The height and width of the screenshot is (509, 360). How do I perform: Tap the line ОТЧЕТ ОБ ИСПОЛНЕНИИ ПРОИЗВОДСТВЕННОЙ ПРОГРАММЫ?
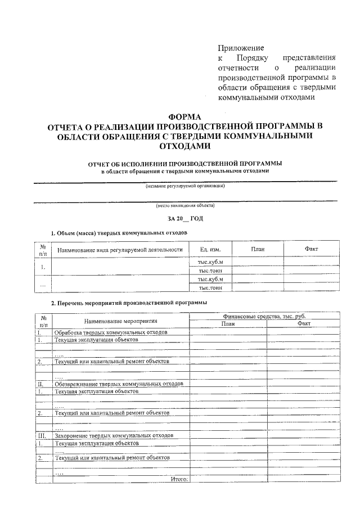point(185,163)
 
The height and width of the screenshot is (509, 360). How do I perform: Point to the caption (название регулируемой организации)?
point(185,186)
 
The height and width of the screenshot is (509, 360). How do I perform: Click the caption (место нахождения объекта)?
point(185,206)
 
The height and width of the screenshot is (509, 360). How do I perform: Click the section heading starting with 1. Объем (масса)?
point(119,232)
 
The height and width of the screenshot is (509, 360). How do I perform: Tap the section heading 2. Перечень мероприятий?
point(129,303)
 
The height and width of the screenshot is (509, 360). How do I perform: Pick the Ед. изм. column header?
point(210,249)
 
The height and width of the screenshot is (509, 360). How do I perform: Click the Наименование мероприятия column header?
point(120,321)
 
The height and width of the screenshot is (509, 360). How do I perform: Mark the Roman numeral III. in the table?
point(41,435)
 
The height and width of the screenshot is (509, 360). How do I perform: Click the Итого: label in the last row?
point(178,479)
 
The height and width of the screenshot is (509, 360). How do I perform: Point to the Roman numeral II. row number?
point(40,384)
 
